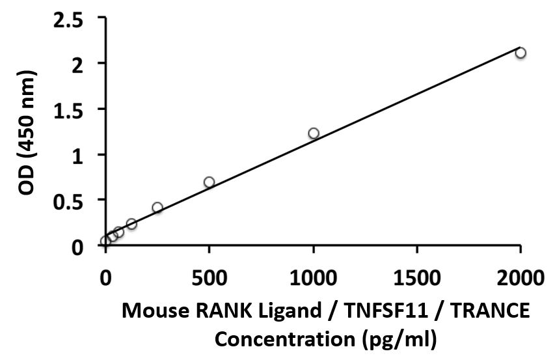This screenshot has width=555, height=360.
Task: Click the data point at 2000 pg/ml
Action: coord(520,53)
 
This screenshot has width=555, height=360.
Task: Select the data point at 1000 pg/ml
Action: coord(314,133)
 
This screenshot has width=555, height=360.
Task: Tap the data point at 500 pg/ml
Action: coord(209,182)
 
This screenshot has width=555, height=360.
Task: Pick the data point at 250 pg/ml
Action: coord(157,208)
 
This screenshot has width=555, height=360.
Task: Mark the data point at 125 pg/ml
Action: coord(131,224)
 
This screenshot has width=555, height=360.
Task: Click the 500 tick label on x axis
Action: coord(209,279)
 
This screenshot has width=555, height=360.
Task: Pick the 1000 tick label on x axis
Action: coord(314,279)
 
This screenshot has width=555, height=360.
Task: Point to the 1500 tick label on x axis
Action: coord(417,279)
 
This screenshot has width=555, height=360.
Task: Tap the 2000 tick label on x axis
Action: coord(520,279)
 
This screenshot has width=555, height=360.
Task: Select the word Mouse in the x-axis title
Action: coord(152,313)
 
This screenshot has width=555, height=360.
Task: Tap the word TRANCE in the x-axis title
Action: coord(493,313)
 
